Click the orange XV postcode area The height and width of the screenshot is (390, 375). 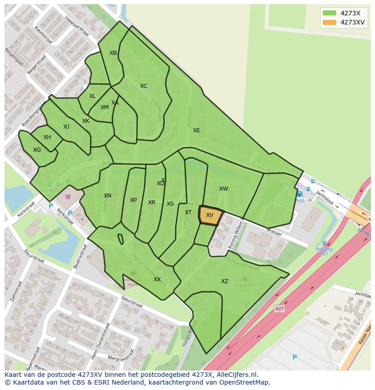[x=210, y=216]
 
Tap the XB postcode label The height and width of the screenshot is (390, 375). [x=113, y=53]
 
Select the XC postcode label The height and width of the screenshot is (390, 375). [x=144, y=86]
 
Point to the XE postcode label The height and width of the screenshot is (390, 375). [x=196, y=130]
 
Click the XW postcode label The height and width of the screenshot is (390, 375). [x=224, y=189]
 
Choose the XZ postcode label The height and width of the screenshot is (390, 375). [x=225, y=281]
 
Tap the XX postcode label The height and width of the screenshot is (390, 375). [x=157, y=279]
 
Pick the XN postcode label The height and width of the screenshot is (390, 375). [x=107, y=196]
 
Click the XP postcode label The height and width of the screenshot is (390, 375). [x=133, y=200]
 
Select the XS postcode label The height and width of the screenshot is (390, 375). [x=170, y=204]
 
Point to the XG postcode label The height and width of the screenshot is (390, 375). [x=37, y=150]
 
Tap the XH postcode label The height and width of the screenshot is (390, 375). [x=47, y=137]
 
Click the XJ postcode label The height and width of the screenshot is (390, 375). [x=66, y=127]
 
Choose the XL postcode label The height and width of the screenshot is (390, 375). [x=92, y=96]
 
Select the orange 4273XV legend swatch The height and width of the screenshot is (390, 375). [x=330, y=23]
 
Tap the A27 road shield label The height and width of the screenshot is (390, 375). [x=279, y=308]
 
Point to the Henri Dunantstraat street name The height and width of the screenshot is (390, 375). [x=101, y=341]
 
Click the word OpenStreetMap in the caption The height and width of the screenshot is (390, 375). [x=244, y=382]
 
